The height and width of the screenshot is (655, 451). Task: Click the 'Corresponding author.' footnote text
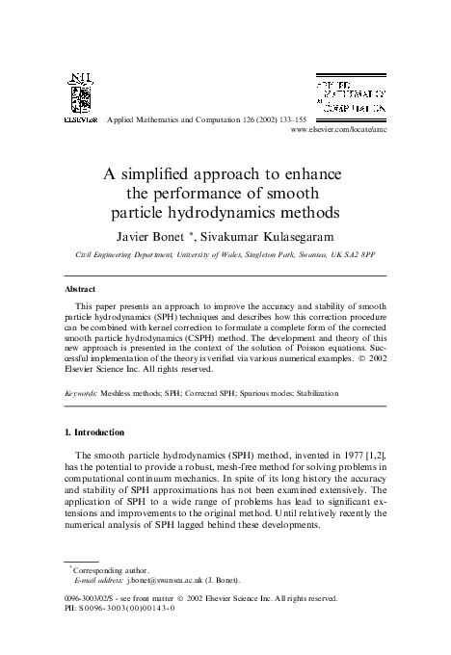point(101,569)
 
